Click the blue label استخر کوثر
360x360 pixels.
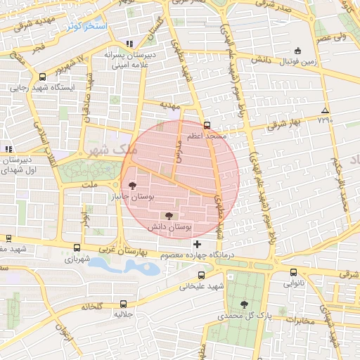click(87, 26)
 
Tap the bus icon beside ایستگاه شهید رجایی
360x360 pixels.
click(43, 77)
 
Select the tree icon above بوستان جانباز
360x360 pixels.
click(132, 186)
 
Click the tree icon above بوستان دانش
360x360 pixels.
click(169, 216)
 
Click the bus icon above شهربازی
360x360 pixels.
click(77, 247)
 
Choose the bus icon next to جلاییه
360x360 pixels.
click(124, 304)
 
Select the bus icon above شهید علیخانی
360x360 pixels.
click(202, 275)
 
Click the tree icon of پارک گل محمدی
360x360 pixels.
click(244, 304)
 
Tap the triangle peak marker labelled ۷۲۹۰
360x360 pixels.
click(324, 111)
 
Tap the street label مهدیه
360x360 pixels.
click(171, 106)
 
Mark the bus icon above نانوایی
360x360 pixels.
click(293, 273)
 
